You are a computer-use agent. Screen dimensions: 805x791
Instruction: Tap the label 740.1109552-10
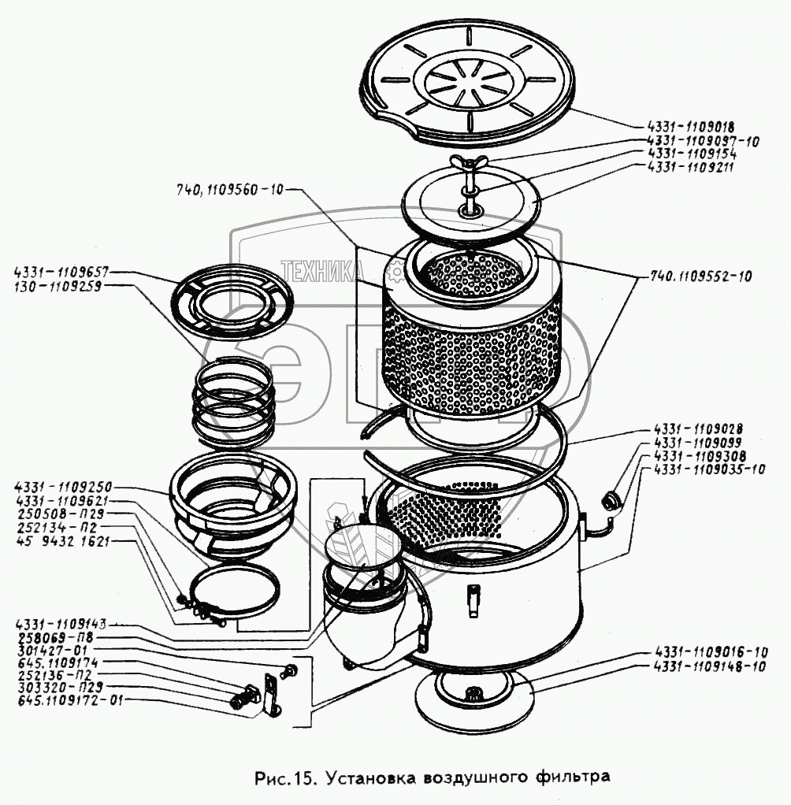[701, 276]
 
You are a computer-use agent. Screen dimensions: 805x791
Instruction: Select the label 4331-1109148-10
[711, 666]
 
